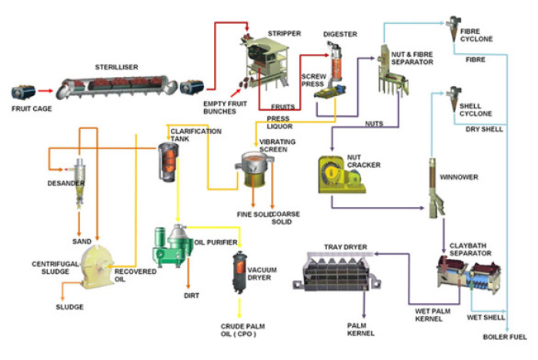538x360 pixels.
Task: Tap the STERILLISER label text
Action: point(117,68)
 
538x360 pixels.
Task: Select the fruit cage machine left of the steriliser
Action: point(22,93)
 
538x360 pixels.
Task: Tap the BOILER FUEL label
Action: point(505,338)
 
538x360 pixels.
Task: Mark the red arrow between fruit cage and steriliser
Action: point(45,92)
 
